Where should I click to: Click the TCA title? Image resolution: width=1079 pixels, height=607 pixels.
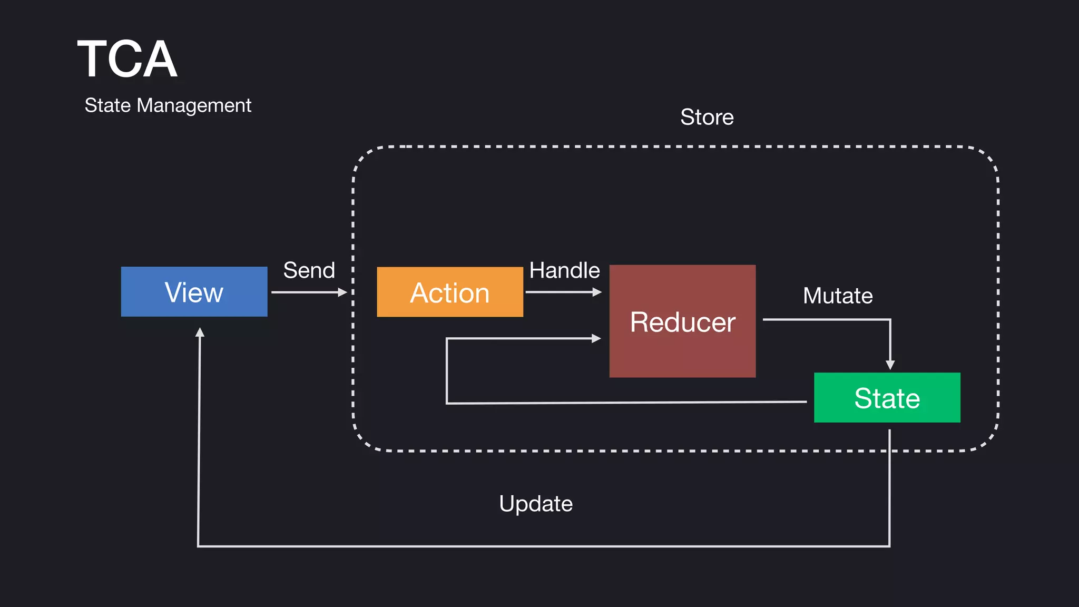click(127, 60)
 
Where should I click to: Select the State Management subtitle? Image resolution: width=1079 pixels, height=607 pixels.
click(168, 105)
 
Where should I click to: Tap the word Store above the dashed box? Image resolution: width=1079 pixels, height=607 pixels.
click(707, 117)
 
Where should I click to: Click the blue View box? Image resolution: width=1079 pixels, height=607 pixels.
click(194, 292)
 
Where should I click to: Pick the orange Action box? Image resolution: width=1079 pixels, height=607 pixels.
click(449, 292)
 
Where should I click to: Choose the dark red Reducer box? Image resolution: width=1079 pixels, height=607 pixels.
click(682, 321)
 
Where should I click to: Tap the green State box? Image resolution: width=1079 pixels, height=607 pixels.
click(887, 398)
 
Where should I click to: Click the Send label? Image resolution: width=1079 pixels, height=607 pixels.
click(309, 270)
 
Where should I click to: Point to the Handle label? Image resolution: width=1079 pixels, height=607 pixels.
click(564, 270)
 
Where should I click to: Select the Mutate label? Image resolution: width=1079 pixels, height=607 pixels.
click(838, 296)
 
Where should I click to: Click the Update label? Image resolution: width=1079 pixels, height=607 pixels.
click(536, 504)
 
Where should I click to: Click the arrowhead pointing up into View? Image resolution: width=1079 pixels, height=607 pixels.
click(200, 332)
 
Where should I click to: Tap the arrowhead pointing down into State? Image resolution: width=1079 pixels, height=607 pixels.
click(890, 365)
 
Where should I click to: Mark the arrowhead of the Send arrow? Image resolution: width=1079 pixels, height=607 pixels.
click(342, 292)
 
